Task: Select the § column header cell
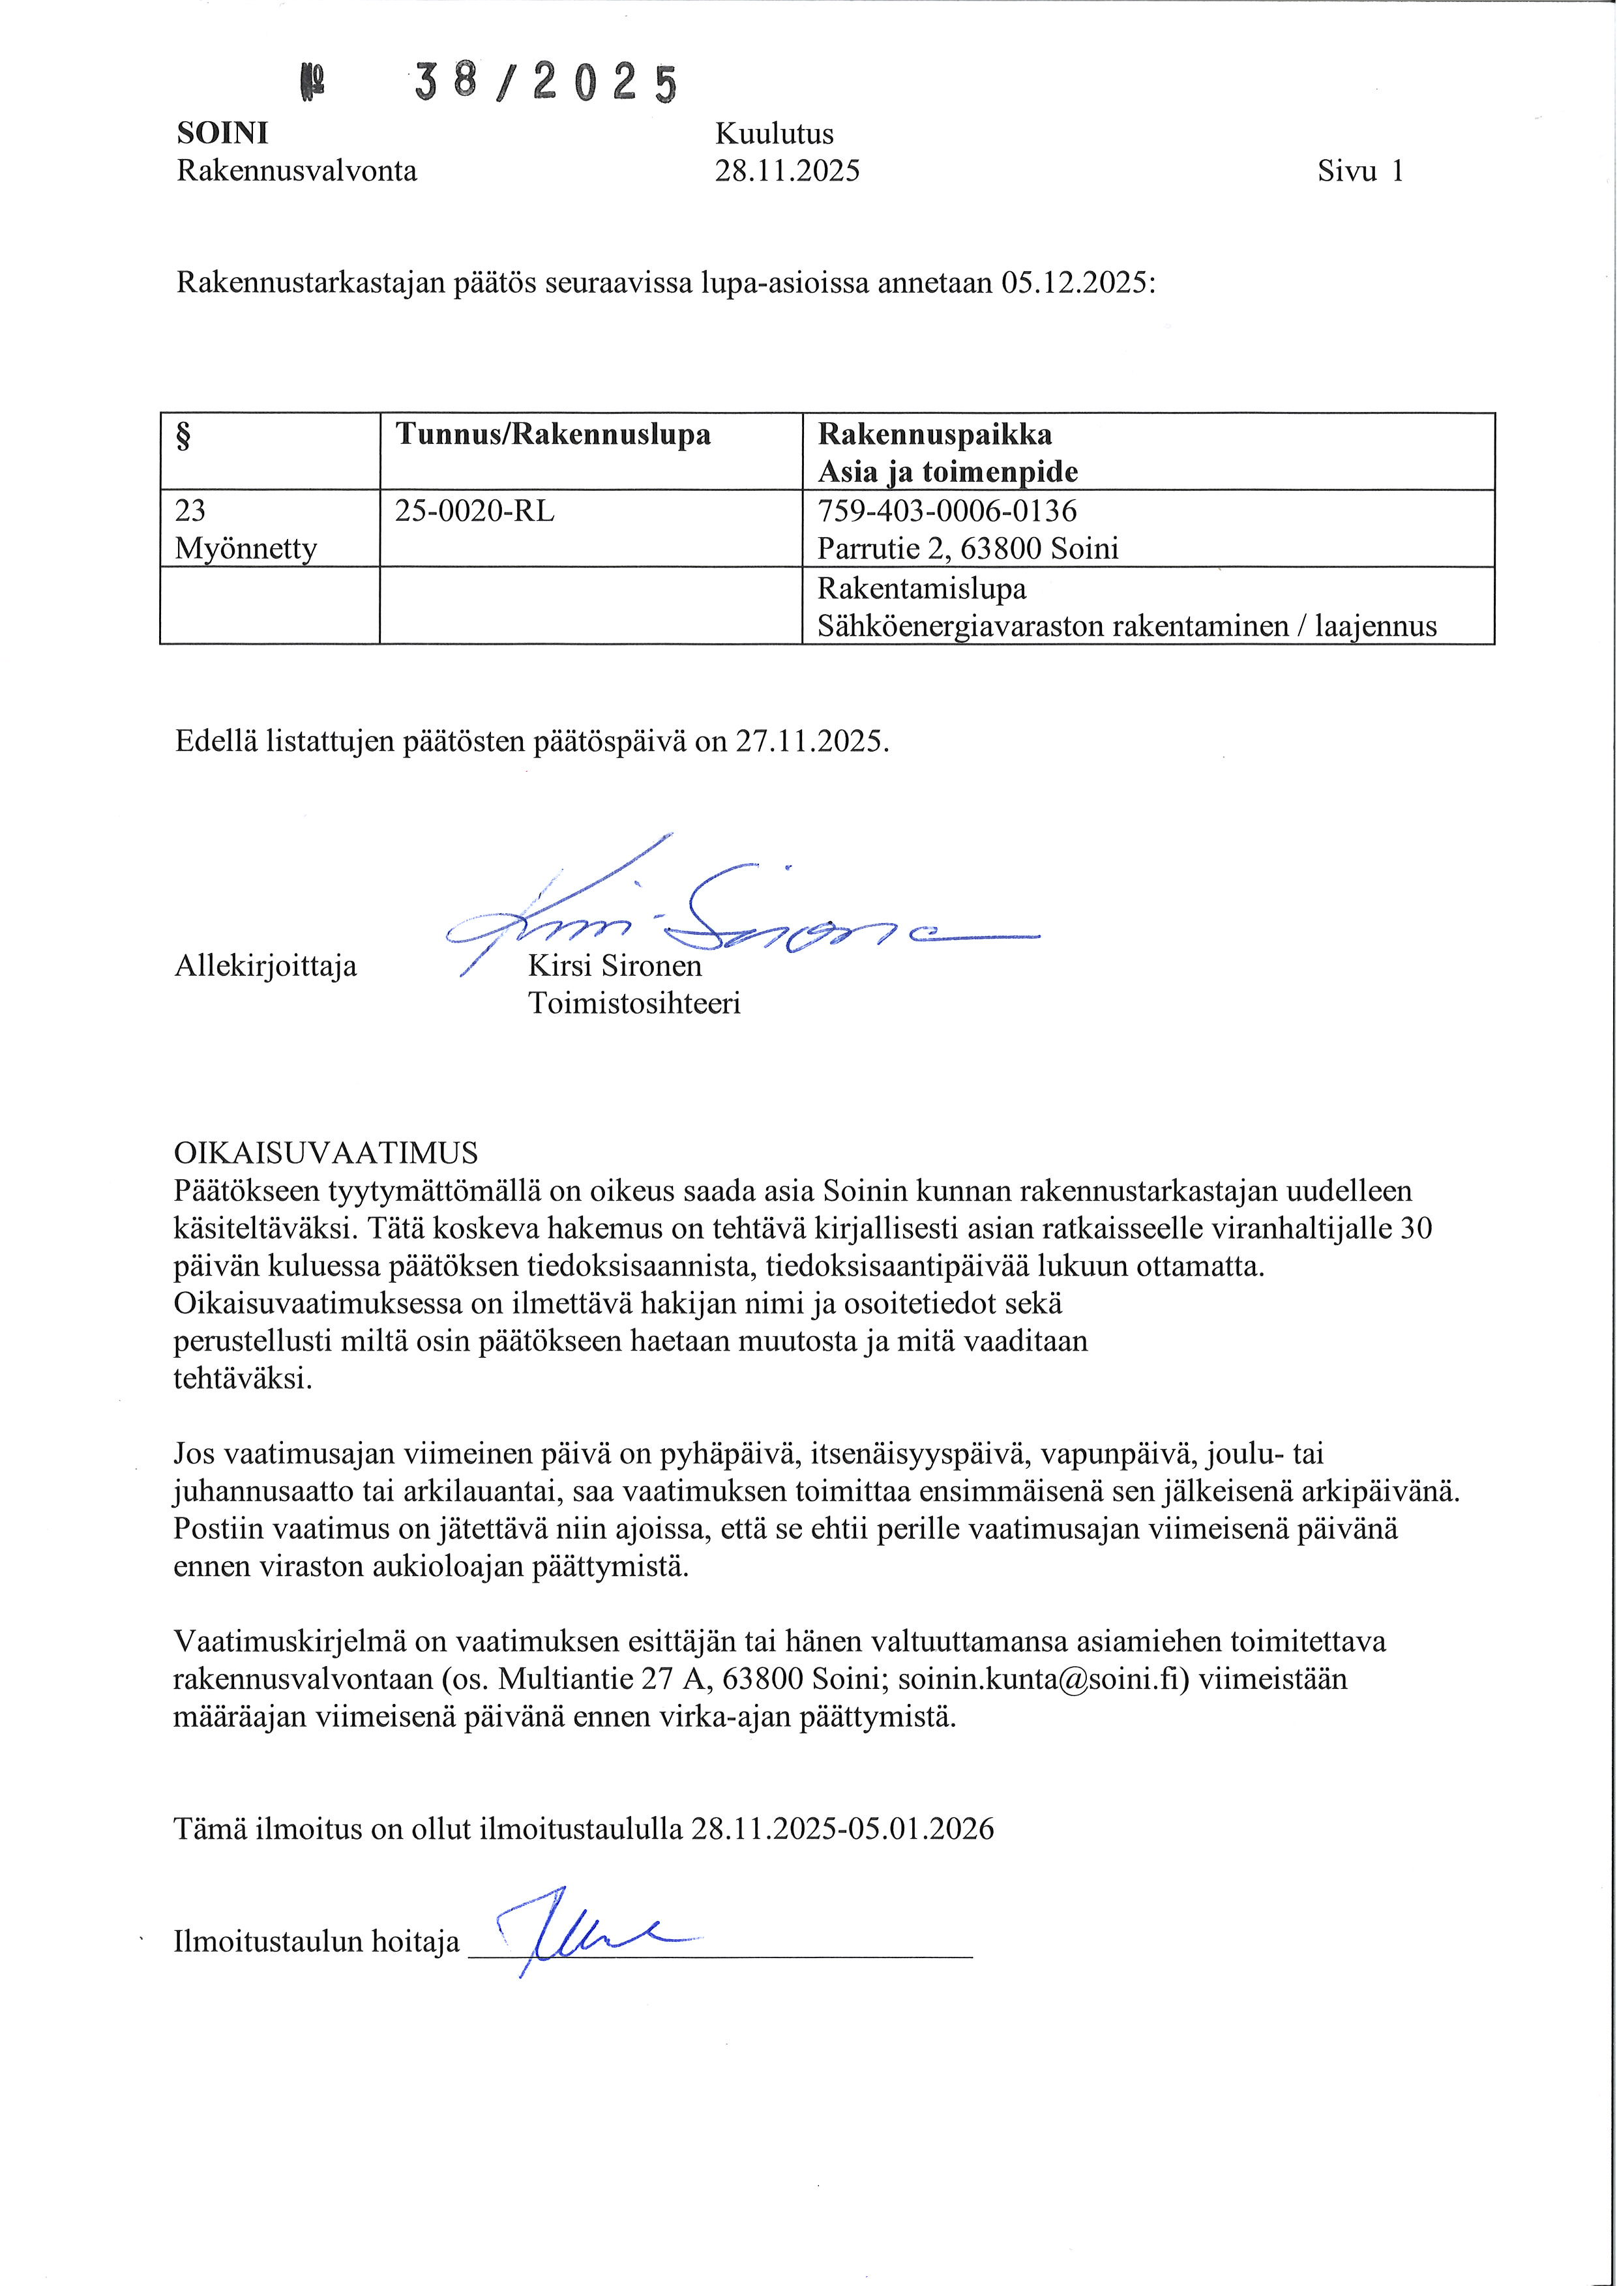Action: pyautogui.click(x=269, y=451)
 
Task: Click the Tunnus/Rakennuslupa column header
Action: pyautogui.click(x=553, y=435)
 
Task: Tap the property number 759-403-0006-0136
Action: pyautogui.click(x=946, y=512)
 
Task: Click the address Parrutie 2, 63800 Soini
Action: pyautogui.click(x=967, y=550)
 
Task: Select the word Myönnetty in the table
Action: pyautogui.click(x=246, y=550)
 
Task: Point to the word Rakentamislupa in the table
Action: pyautogui.click(x=921, y=589)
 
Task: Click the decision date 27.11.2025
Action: pyautogui.click(x=810, y=742)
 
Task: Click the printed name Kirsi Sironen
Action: pyautogui.click(x=614, y=967)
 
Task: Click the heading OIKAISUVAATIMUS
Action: pyautogui.click(x=325, y=1154)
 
